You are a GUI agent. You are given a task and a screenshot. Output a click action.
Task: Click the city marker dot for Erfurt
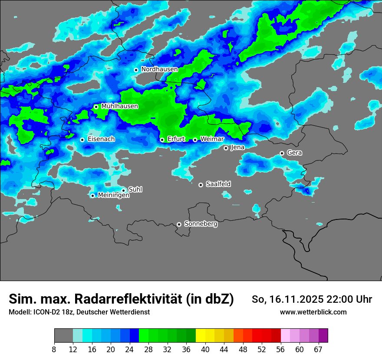[x=162, y=140]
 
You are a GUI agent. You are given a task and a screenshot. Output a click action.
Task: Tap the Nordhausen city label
[x=159, y=69]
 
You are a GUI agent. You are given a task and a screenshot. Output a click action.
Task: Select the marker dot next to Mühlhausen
[x=96, y=107]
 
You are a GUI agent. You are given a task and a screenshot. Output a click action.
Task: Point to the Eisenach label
[x=101, y=139]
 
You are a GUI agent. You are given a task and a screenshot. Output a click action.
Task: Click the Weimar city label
[x=212, y=139]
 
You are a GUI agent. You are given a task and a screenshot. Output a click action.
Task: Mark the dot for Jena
[x=226, y=148]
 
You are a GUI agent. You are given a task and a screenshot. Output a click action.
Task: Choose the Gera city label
[x=294, y=153]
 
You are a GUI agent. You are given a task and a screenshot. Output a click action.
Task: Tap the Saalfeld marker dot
[x=201, y=185]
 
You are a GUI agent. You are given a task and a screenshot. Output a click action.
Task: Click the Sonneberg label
[x=201, y=224]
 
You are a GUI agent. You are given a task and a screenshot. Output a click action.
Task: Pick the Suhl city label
[x=135, y=190]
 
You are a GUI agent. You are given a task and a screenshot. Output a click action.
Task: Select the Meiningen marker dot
[x=92, y=196]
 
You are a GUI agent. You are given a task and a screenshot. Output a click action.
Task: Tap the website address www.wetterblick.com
[x=313, y=312]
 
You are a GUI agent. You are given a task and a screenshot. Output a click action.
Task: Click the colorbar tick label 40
[x=205, y=349]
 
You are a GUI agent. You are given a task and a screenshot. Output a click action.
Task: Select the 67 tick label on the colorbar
[x=318, y=349]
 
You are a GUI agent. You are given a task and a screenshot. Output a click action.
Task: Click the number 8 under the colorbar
[x=54, y=349]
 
